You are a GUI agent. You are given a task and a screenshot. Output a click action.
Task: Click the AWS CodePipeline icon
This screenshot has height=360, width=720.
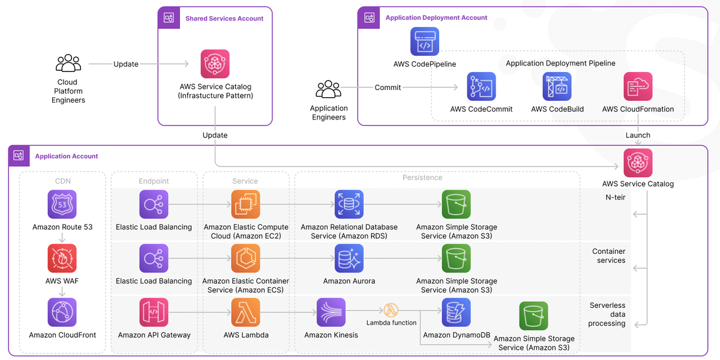[x=425, y=41]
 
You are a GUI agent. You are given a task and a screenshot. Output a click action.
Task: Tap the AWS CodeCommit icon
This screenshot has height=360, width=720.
[x=481, y=86]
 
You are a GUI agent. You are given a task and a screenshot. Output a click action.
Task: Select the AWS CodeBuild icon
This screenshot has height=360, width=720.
[x=557, y=86]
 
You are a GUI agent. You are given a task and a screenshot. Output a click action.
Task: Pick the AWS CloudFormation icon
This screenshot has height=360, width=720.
[x=638, y=86]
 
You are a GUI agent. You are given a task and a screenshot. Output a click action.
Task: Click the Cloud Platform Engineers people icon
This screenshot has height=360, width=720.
[x=68, y=63]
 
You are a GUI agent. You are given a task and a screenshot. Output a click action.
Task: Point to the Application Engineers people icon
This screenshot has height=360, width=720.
[x=328, y=89]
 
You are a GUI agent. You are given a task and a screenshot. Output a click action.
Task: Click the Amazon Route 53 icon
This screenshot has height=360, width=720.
[x=62, y=205]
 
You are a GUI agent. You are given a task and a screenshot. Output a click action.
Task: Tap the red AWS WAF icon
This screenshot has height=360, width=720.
[x=62, y=259]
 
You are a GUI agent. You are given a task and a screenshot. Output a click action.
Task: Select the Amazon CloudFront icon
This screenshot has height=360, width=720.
[x=62, y=313]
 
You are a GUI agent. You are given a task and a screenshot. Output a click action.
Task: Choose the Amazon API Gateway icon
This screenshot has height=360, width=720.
[x=154, y=313]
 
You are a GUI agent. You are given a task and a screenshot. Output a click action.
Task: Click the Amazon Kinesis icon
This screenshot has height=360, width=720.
[x=331, y=313]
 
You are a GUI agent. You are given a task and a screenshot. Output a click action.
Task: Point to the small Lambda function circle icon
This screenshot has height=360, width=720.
[x=391, y=311]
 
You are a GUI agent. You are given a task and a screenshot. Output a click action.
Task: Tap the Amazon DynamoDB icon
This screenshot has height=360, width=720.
[x=456, y=313]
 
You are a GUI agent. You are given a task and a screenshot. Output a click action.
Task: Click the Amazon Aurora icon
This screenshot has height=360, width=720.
[x=349, y=259]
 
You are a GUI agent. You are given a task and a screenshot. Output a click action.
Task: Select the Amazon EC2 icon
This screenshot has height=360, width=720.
[x=245, y=205]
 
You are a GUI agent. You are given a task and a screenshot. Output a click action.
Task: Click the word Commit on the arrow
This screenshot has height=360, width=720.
[x=388, y=88]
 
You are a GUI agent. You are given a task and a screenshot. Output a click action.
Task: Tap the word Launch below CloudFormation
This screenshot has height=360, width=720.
[x=638, y=136]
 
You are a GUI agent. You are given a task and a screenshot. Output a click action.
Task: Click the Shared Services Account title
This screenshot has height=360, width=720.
[x=224, y=19]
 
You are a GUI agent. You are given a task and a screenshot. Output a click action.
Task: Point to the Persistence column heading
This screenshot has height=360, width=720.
[x=422, y=178]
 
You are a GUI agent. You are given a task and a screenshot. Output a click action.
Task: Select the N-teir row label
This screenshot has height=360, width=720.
[x=615, y=197]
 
